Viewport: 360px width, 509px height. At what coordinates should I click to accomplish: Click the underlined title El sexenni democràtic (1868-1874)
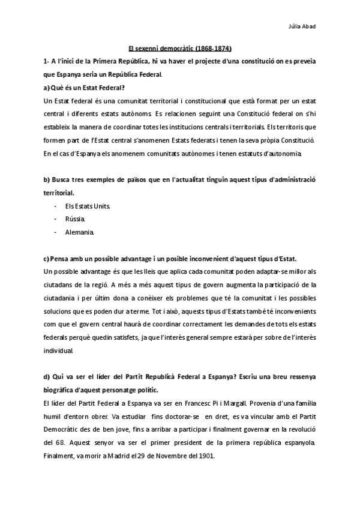pyautogui.click(x=181, y=49)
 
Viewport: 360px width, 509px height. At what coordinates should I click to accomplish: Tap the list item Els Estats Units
pyautogui.click(x=87, y=206)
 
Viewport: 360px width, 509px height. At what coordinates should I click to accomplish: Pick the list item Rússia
pyautogui.click(x=74, y=219)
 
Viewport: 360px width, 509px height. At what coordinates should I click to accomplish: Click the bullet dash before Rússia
pyautogui.click(x=55, y=219)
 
